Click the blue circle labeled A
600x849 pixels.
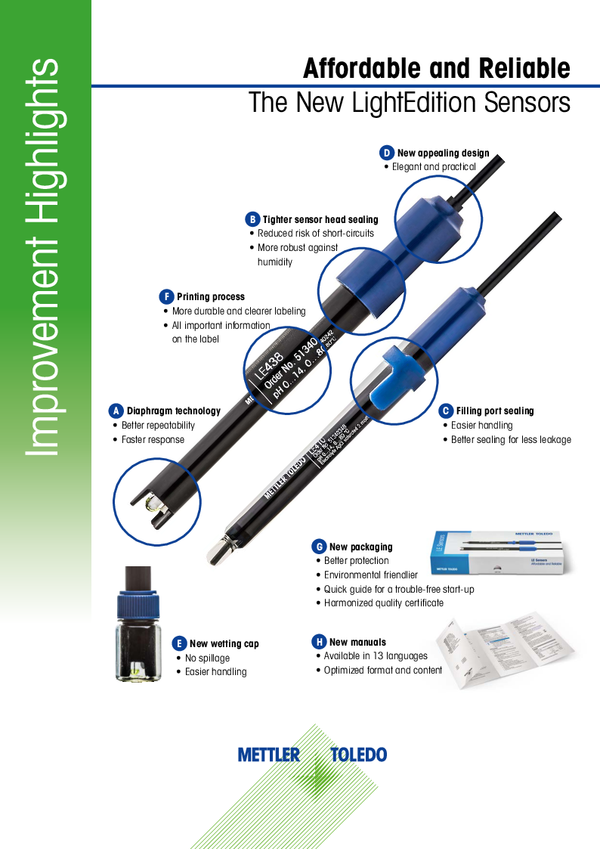pyautogui.click(x=116, y=411)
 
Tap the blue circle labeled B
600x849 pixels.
pyautogui.click(x=252, y=219)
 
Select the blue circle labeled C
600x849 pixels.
pyautogui.click(x=446, y=411)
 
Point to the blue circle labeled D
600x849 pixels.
pyautogui.click(x=386, y=153)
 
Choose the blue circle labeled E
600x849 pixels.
pyautogui.click(x=179, y=643)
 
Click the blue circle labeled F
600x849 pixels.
pyautogui.click(x=166, y=297)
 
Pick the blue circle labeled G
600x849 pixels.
pyautogui.click(x=319, y=547)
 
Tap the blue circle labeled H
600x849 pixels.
pyautogui.click(x=319, y=642)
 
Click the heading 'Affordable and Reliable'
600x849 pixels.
pyautogui.click(x=436, y=69)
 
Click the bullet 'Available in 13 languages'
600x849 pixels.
pyautogui.click(x=376, y=656)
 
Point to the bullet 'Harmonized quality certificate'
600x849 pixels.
pyautogui.click(x=384, y=603)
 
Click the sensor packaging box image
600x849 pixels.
pyautogui.click(x=497, y=556)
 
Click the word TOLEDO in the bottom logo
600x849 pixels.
pyautogui.click(x=359, y=754)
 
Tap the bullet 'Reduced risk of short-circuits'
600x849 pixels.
pyautogui.click(x=316, y=234)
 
